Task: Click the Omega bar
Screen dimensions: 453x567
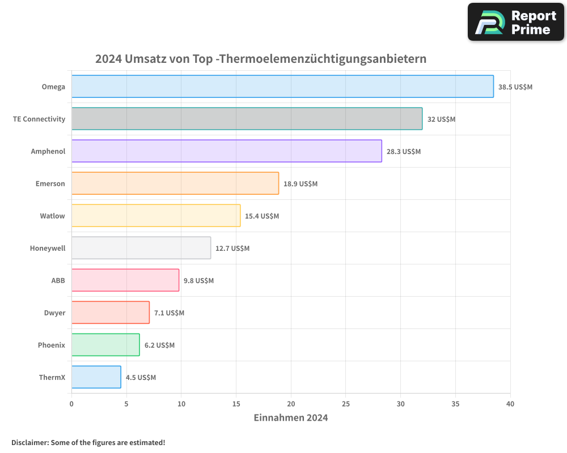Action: (x=282, y=87)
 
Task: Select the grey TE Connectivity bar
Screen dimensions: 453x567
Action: (x=247, y=119)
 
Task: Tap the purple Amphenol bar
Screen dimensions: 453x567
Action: (x=226, y=151)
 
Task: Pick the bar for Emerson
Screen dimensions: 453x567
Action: (x=175, y=183)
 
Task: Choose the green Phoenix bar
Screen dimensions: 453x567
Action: (x=105, y=345)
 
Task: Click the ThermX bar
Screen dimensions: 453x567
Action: (x=96, y=377)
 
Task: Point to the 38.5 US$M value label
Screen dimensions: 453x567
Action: (x=515, y=87)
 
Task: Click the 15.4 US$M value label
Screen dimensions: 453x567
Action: (x=262, y=216)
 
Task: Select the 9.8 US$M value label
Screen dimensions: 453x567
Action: (x=198, y=281)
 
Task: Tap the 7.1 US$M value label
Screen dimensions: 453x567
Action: (x=169, y=313)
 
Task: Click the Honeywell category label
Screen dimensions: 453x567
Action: (x=48, y=248)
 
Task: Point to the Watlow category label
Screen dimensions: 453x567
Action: (x=52, y=216)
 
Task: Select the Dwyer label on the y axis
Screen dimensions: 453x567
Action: (x=54, y=313)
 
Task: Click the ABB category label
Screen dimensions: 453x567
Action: (x=58, y=280)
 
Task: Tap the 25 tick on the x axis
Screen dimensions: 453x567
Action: (x=346, y=404)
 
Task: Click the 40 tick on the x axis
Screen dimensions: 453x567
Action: (x=510, y=404)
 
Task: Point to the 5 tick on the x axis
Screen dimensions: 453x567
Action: (x=126, y=404)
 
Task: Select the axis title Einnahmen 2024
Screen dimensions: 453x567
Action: (x=290, y=418)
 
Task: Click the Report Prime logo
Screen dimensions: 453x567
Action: (x=516, y=22)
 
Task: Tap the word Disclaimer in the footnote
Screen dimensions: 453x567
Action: (x=29, y=442)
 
